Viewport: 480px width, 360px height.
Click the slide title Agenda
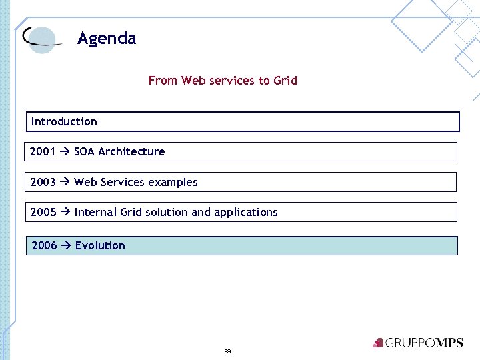(107, 39)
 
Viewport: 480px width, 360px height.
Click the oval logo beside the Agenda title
(41, 39)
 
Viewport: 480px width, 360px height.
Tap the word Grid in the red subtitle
(285, 81)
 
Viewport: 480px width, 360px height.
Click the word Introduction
(64, 121)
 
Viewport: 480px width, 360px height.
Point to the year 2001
(43, 151)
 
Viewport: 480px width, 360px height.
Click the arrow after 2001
(65, 151)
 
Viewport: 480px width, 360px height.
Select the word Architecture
(131, 151)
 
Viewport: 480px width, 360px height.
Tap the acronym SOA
(85, 151)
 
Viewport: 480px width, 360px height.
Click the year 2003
(43, 182)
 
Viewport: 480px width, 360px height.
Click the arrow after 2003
(65, 182)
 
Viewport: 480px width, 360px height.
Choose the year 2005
(43, 212)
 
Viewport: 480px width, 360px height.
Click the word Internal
(95, 212)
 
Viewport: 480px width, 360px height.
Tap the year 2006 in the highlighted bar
(44, 245)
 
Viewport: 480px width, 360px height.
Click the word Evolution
(100, 245)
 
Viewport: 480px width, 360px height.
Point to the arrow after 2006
(66, 245)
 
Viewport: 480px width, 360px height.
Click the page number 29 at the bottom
(227, 351)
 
